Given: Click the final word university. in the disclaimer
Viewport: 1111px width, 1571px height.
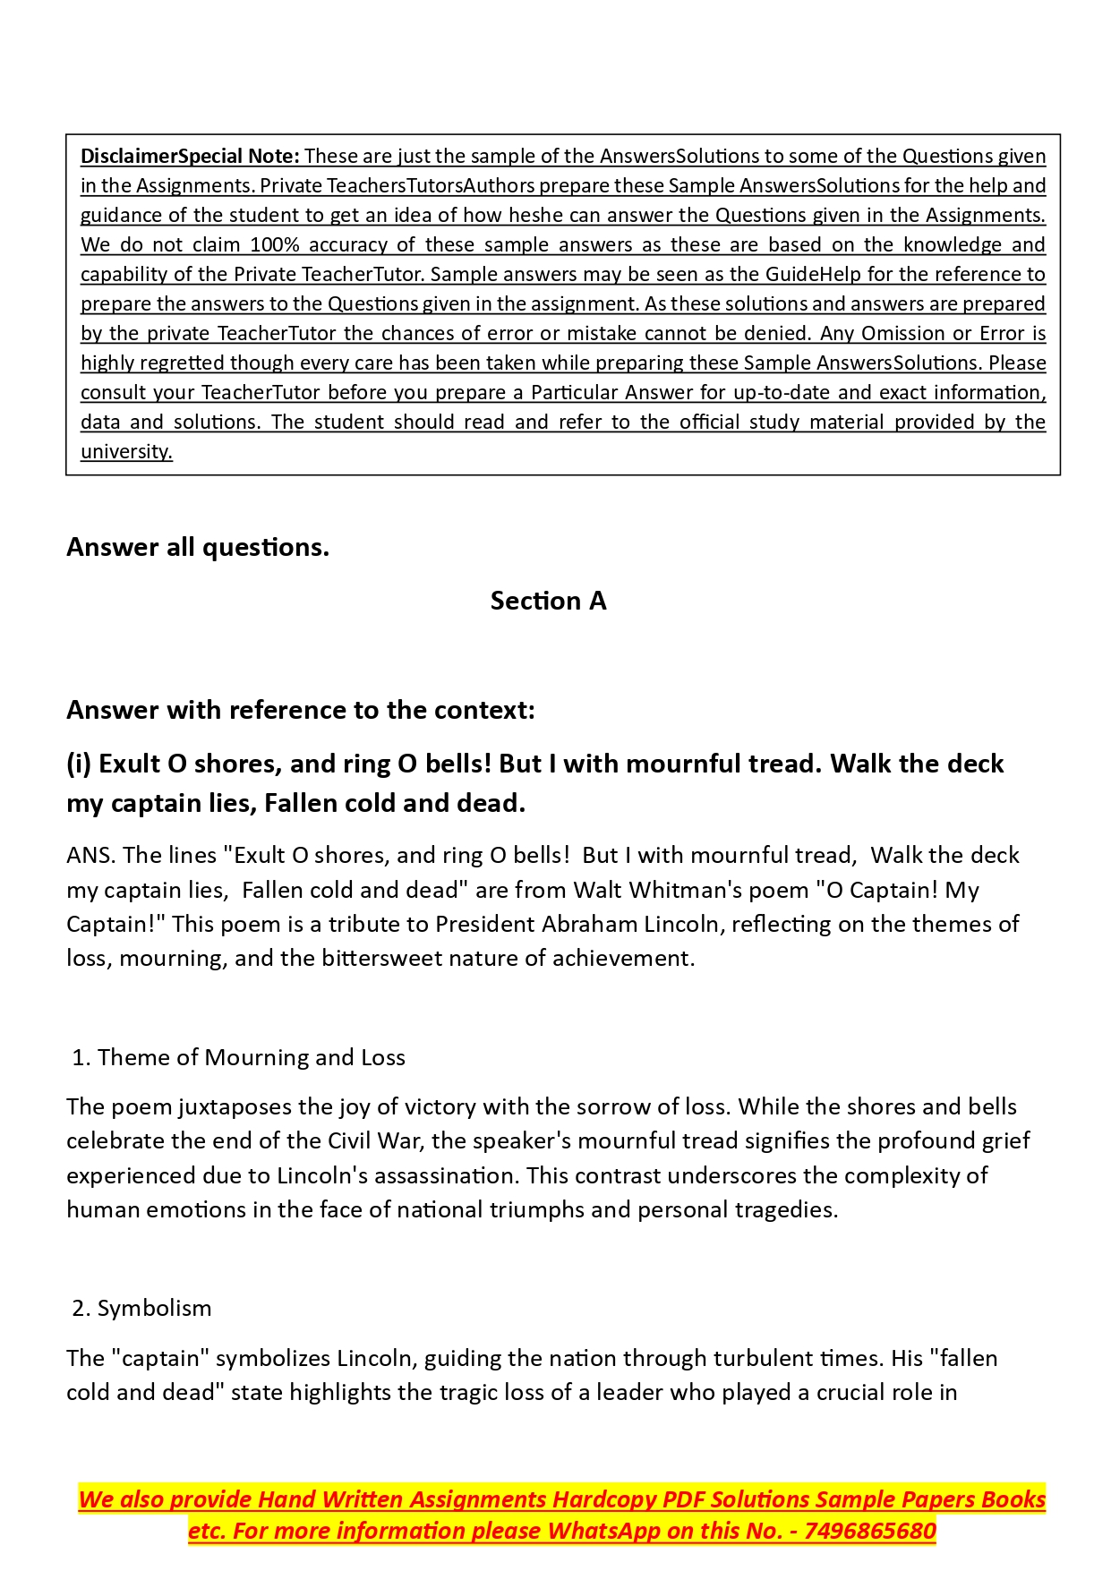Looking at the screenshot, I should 126,452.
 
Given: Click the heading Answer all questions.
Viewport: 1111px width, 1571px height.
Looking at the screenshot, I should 198,547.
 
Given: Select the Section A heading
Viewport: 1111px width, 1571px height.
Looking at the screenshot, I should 548,601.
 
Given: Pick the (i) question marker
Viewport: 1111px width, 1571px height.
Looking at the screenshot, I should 79,764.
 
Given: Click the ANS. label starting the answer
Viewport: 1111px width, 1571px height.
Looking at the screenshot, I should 90,856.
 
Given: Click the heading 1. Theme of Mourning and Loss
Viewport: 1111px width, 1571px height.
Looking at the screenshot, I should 238,1058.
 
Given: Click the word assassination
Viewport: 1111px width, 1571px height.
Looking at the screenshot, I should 437,1176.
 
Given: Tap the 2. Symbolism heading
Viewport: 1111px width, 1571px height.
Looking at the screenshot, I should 141,1309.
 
